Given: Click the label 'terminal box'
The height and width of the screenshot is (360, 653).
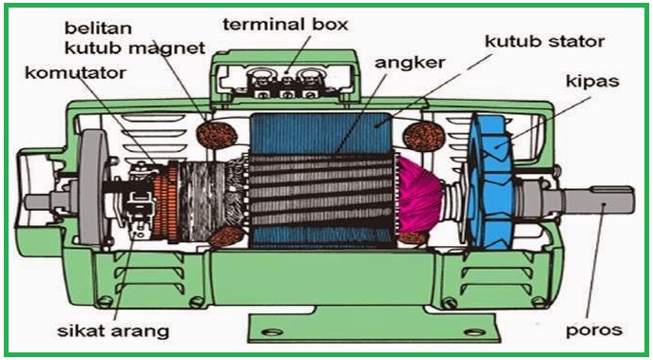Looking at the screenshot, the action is pyautogui.click(x=285, y=24).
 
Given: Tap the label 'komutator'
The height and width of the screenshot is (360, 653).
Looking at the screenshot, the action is pyautogui.click(x=75, y=73).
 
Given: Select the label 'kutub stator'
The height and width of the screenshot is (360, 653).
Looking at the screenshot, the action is pyautogui.click(x=546, y=41).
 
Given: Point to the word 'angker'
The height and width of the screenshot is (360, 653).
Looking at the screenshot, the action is pyautogui.click(x=410, y=64).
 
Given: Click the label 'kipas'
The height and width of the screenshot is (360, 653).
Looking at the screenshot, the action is pyautogui.click(x=592, y=82).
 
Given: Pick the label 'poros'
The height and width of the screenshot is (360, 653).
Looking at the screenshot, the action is pyautogui.click(x=594, y=330).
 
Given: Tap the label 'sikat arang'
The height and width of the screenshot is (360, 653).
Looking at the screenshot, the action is pyautogui.click(x=113, y=332).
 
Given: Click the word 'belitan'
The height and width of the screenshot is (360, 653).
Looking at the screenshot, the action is pyautogui.click(x=98, y=28).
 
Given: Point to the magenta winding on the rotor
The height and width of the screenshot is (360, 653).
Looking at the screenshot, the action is pyautogui.click(x=418, y=196).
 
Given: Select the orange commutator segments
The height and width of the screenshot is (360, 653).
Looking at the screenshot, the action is pyautogui.click(x=164, y=204).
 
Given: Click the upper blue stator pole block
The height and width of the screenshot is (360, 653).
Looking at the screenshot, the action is pyautogui.click(x=320, y=133).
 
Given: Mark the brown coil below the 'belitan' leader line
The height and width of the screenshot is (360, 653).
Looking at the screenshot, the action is pyautogui.click(x=217, y=135).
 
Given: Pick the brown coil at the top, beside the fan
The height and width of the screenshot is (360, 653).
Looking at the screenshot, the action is pyautogui.click(x=424, y=136).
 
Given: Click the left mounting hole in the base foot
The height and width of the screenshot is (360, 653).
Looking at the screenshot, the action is pyautogui.click(x=273, y=332).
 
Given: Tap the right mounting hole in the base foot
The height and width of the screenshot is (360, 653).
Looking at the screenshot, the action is pyautogui.click(x=474, y=332).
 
